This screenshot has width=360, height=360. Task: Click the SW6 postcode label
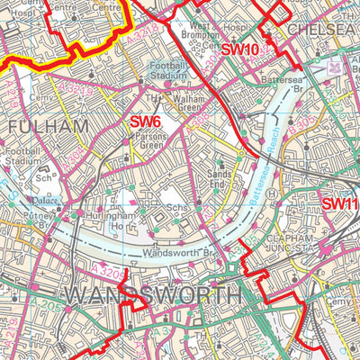145,121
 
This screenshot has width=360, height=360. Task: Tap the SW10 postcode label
240,49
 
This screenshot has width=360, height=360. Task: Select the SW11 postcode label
340,203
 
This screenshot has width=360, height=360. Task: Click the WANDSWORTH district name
154,295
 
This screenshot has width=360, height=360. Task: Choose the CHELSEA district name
323,30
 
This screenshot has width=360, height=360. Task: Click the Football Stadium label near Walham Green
168,71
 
